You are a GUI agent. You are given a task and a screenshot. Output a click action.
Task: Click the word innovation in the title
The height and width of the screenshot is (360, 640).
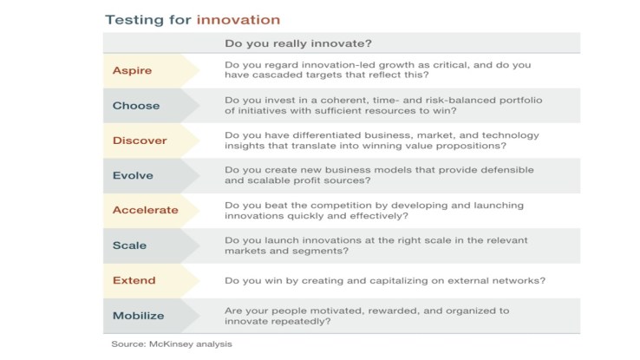pos(238,19)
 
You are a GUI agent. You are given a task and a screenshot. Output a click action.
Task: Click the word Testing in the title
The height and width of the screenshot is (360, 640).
pos(130,19)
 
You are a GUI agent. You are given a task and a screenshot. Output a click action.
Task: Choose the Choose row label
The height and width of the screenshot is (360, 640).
pos(136,105)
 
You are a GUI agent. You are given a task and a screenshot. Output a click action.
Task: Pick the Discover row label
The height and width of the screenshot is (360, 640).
pos(140,141)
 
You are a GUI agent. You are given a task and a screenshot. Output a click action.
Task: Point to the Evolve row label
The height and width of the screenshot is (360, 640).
pos(133,175)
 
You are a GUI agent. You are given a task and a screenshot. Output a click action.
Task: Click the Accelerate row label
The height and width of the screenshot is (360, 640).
pos(146,210)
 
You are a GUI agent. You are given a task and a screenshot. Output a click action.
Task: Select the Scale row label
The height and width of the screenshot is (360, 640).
pos(129,245)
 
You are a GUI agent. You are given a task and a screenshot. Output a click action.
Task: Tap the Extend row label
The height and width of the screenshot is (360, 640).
pos(134,280)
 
